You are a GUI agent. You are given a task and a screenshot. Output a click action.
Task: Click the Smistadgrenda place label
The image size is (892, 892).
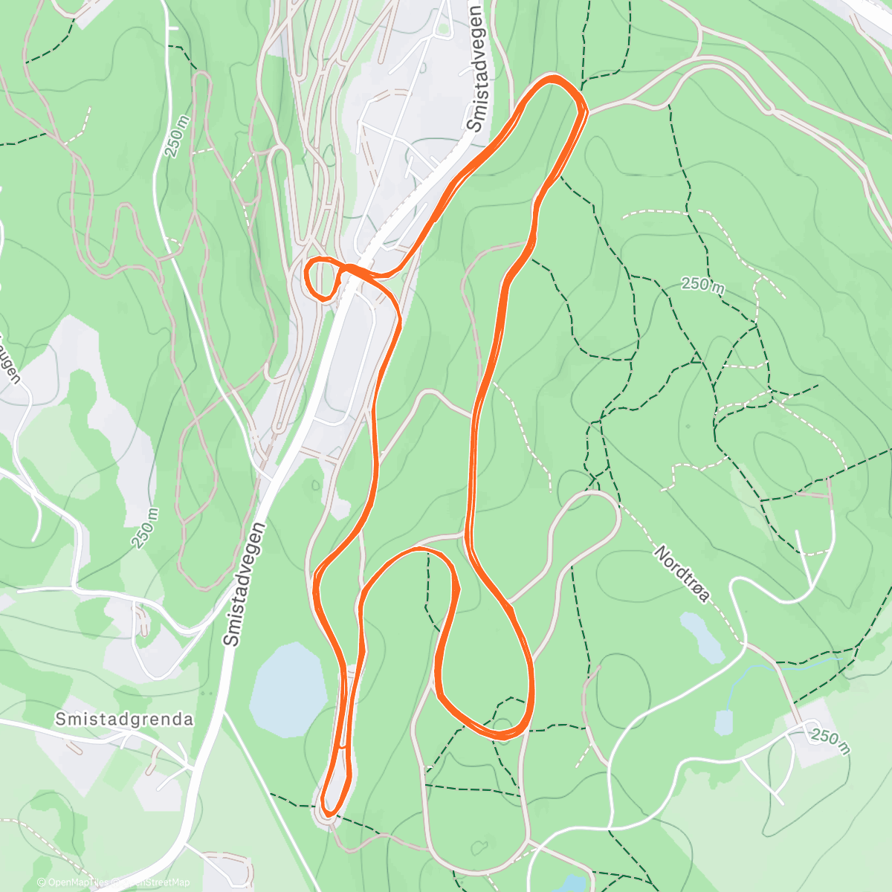[124, 719]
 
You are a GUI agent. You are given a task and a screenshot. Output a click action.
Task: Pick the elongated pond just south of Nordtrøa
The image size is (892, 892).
[702, 636]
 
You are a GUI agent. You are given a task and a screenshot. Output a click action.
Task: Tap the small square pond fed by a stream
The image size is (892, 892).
[723, 722]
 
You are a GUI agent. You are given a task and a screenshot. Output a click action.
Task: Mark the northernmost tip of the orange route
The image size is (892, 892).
[553, 77]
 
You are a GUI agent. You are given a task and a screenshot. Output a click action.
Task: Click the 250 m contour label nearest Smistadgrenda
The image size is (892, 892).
[145, 528]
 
